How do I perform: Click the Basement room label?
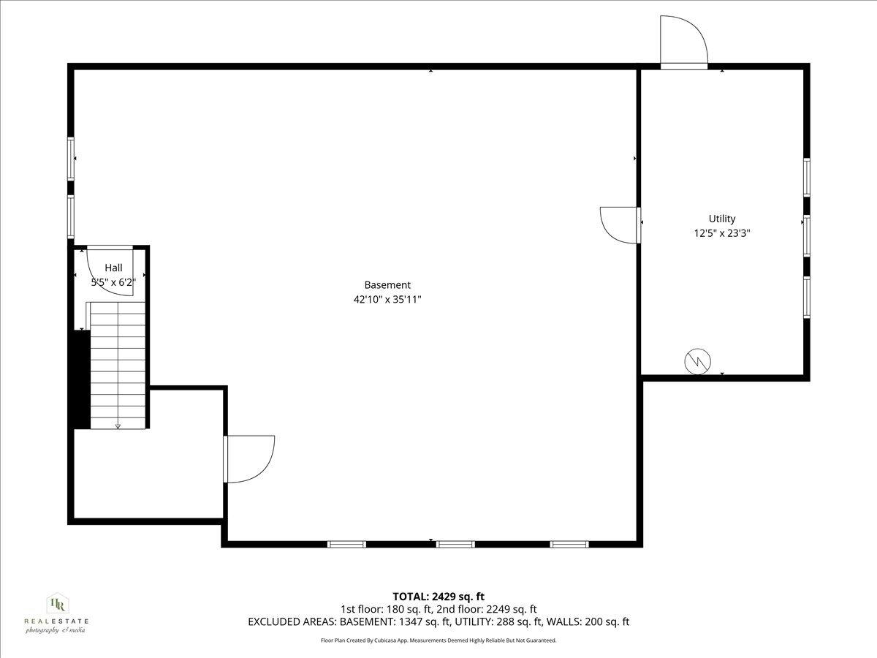click(387, 285)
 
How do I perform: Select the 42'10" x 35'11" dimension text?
click(387, 299)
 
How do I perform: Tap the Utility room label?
click(722, 219)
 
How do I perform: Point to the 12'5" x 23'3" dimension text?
click(722, 233)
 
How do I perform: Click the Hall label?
click(113, 268)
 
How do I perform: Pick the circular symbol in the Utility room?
click(696, 362)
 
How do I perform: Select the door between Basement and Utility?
click(620, 224)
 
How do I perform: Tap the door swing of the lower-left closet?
click(248, 459)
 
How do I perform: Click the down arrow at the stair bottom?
click(118, 426)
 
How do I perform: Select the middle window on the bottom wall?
click(455, 544)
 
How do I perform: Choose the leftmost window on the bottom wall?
click(346, 544)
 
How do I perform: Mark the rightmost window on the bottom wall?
click(569, 544)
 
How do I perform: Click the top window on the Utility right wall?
click(807, 178)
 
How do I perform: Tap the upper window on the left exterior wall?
click(71, 159)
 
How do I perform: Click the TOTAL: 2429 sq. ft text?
click(438, 597)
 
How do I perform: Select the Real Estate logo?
click(56, 613)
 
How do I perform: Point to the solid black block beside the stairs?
click(80, 379)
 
